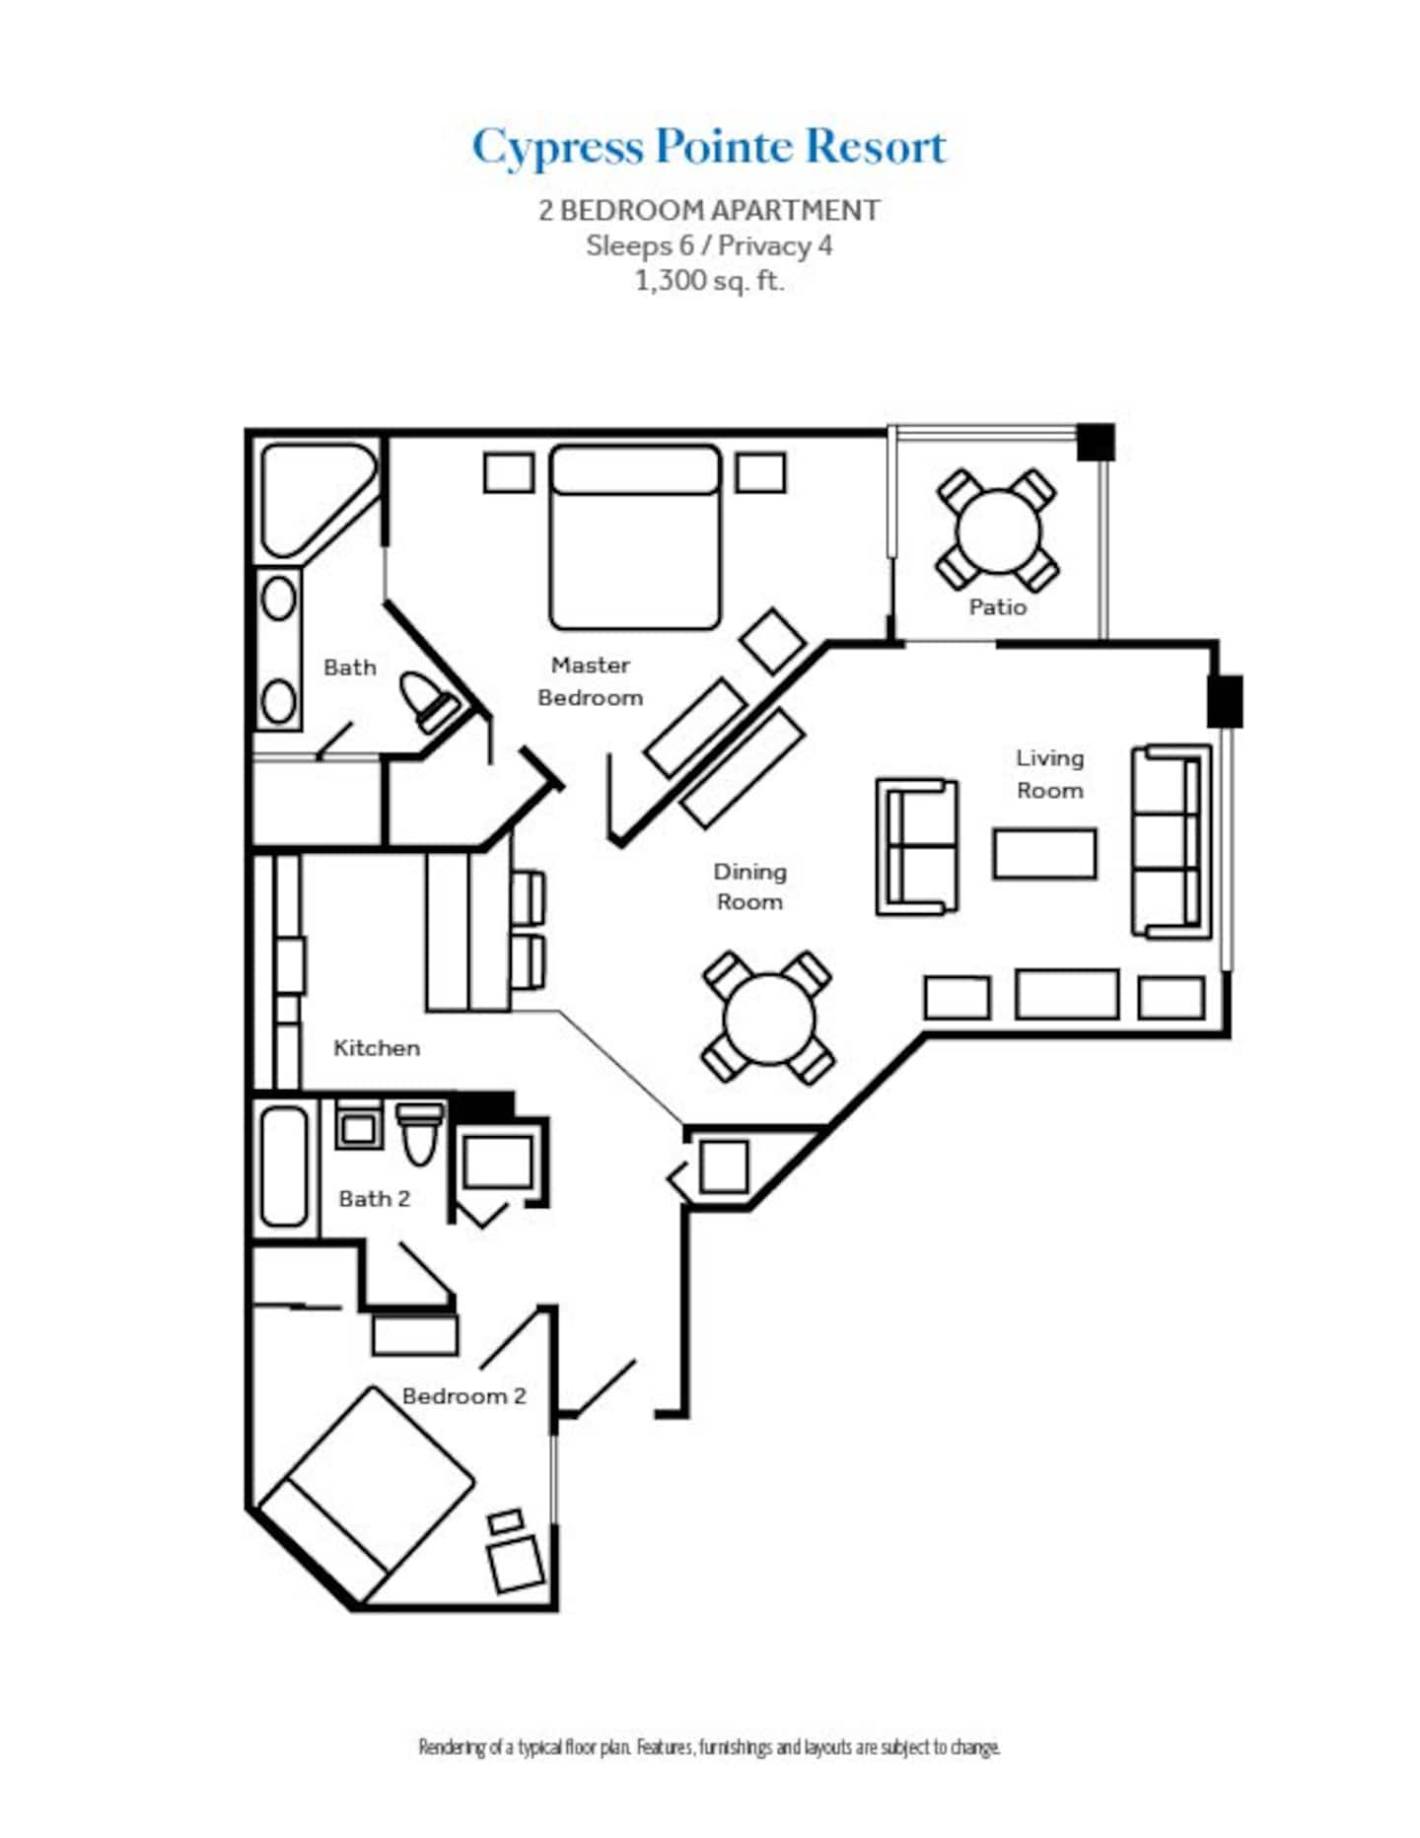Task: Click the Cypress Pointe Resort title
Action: [x=709, y=148]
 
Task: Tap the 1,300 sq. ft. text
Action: [x=709, y=281]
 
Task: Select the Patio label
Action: [x=997, y=606]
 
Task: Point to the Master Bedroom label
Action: [x=590, y=681]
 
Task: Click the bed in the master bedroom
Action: [x=635, y=537]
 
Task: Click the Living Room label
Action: [x=1049, y=774]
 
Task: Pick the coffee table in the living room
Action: [x=1044, y=854]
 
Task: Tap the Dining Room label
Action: [x=749, y=886]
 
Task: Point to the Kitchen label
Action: [x=377, y=1048]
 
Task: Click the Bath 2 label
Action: [x=374, y=1199]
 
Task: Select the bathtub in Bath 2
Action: [x=284, y=1166]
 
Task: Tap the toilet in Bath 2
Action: [x=420, y=1134]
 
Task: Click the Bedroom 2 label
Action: [x=463, y=1396]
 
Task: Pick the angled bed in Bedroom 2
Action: [x=366, y=1495]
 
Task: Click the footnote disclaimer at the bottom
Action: [x=709, y=1747]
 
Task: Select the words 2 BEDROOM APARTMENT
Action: [x=709, y=210]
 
